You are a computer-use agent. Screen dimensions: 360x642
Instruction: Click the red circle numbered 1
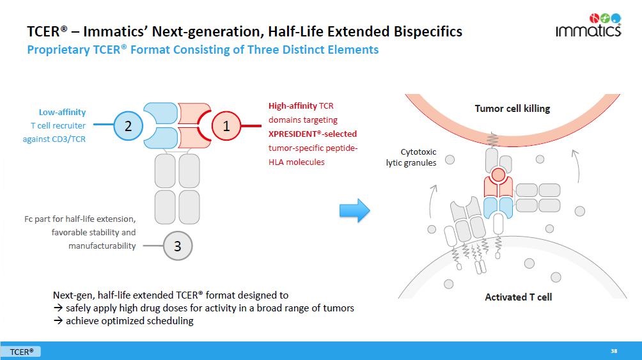(x=226, y=126)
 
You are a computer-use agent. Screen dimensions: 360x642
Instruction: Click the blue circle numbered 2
(x=128, y=126)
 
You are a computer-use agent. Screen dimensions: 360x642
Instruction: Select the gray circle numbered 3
(x=178, y=245)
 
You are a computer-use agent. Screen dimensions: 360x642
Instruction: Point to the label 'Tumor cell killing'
(x=512, y=109)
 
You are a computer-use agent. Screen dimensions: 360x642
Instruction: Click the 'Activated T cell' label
(x=518, y=297)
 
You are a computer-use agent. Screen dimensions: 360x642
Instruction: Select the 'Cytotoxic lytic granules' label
(x=411, y=157)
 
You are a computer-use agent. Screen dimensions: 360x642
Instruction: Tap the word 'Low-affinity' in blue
(x=62, y=112)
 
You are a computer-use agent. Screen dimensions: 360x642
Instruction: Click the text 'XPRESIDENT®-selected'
(x=313, y=134)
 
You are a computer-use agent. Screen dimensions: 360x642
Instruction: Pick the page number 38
(x=614, y=350)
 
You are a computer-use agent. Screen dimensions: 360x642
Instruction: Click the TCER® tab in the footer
(x=21, y=351)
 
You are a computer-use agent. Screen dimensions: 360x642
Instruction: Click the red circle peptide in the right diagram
(x=498, y=175)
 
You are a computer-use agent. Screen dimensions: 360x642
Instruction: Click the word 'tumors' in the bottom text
(x=339, y=308)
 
